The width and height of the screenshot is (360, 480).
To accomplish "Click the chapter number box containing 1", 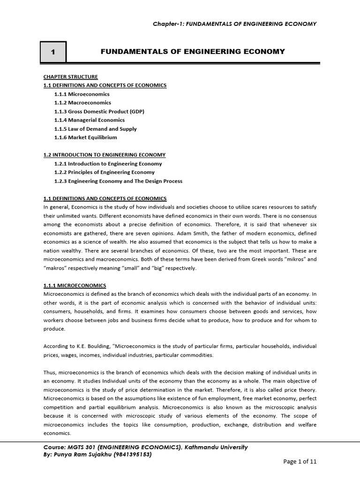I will pyautogui.click(x=53, y=52).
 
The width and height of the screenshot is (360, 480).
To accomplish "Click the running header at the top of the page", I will pyautogui.click(x=235, y=24).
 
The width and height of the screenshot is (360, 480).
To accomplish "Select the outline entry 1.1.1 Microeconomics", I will pyautogui.click(x=82, y=94).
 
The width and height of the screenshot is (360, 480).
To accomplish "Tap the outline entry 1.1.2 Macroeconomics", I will pyautogui.click(x=82, y=103).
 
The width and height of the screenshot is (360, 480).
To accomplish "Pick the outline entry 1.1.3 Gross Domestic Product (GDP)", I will pyautogui.click(x=99, y=111).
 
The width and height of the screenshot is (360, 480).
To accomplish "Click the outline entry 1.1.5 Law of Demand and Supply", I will pyautogui.click(x=96, y=129).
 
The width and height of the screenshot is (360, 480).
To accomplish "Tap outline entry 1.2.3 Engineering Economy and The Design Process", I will pyautogui.click(x=118, y=181).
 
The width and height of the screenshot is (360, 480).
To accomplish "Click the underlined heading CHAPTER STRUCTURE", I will pyautogui.click(x=64, y=76).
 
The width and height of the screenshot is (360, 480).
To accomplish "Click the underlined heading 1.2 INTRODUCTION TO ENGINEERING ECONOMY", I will pyautogui.click(x=104, y=155).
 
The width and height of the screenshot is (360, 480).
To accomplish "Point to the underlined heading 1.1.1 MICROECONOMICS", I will pyautogui.click(x=75, y=285).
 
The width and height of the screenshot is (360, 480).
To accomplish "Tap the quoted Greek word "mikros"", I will pyautogui.click(x=295, y=259).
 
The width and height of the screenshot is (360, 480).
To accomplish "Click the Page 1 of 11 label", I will pyautogui.click(x=300, y=461).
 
